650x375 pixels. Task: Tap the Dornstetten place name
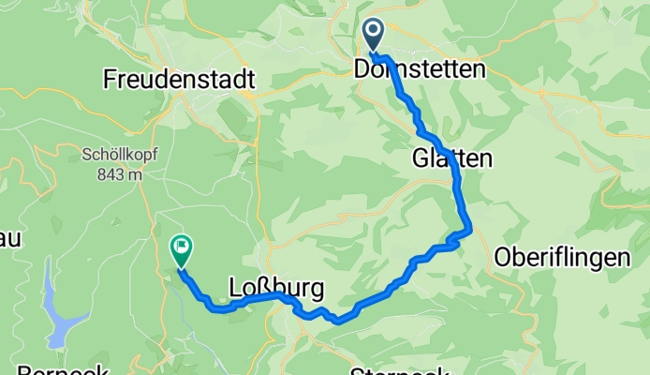point(420,70)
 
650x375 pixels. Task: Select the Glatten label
point(451,160)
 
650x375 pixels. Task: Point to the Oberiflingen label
point(561,258)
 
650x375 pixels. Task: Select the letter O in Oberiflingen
point(503,258)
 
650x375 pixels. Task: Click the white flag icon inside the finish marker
point(181,247)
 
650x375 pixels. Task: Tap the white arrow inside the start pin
point(373,34)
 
